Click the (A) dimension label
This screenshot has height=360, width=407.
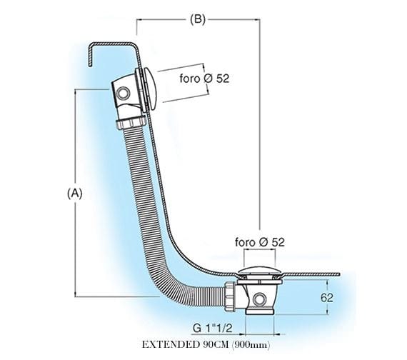[x=75, y=194]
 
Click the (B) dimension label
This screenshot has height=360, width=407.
[x=198, y=19]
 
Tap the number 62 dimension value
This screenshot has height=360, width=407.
[x=327, y=298]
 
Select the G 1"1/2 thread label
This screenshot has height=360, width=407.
[x=212, y=329]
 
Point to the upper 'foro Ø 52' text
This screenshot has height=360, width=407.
[x=204, y=79]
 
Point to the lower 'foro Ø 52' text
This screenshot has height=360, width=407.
[x=260, y=242]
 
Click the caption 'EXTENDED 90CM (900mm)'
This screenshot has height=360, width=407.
[x=206, y=345]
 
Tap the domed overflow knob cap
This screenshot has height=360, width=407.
[x=151, y=89]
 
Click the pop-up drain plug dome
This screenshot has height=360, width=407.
[x=260, y=271]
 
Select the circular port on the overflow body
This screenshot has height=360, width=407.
[x=123, y=93]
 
